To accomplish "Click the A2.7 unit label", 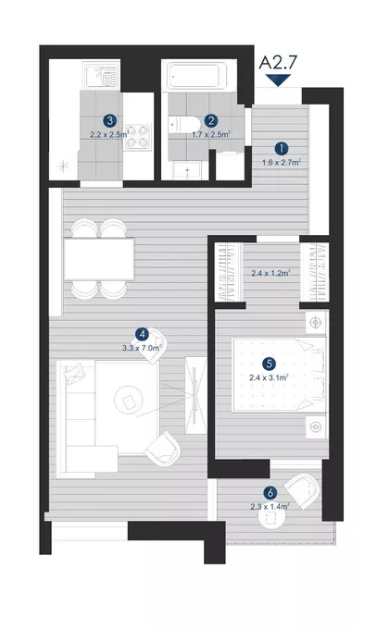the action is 278,63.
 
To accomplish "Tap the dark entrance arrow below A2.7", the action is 278,80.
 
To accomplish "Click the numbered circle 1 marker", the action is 282,149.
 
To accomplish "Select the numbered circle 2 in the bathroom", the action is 211,120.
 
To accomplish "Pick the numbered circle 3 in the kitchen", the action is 109,120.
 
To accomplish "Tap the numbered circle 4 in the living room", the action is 142,334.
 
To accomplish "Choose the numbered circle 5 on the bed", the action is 270,364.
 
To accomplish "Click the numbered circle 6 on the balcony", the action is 270,492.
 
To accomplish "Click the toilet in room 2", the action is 184,124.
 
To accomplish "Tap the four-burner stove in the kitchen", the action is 137,137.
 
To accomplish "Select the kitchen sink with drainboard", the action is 101,75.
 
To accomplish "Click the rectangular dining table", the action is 99,259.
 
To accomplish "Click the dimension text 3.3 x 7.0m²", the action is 142,348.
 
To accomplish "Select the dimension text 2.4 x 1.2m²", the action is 270,273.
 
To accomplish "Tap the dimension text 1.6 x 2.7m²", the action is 282,162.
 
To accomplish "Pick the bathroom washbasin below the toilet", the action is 187,170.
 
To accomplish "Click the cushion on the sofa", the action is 75,373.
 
